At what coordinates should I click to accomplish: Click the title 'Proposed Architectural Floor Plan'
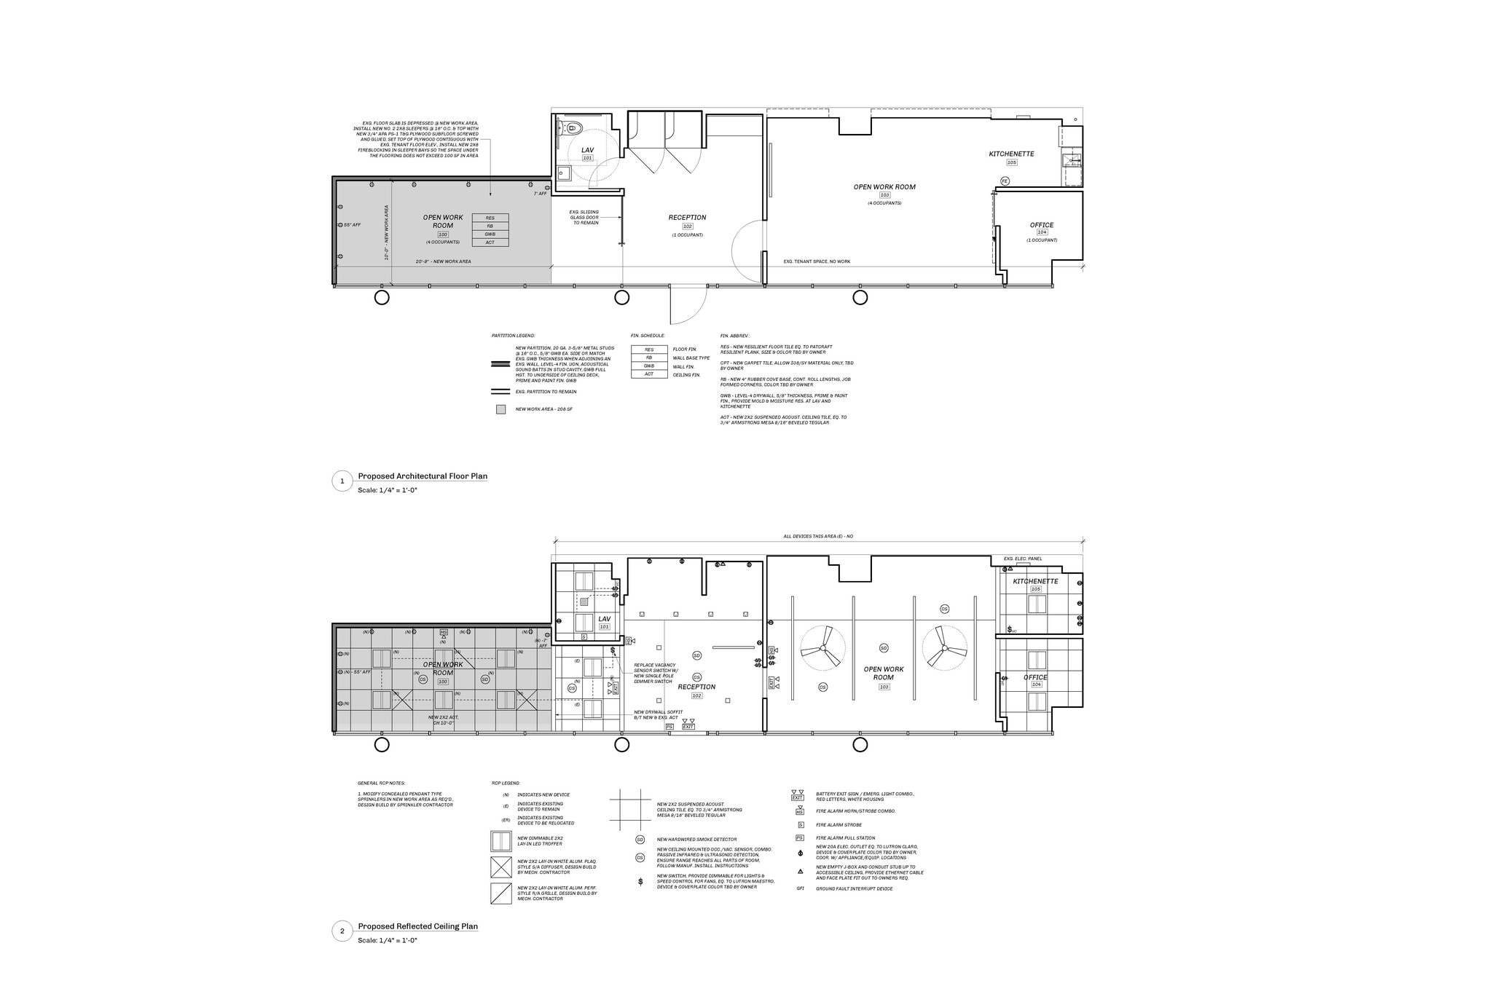[423, 476]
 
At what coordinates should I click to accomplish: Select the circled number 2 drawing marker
[342, 931]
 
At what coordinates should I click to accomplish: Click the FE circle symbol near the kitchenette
[1005, 181]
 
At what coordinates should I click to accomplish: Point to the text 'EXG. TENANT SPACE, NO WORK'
[817, 261]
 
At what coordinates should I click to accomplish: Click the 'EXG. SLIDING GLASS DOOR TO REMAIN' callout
[584, 217]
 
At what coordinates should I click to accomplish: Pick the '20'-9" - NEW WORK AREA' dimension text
[443, 261]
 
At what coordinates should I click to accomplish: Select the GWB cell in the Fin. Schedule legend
[648, 366]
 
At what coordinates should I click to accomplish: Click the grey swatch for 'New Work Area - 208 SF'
[500, 409]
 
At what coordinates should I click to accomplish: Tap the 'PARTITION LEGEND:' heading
[513, 336]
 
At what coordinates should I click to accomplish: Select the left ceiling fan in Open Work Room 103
[823, 647]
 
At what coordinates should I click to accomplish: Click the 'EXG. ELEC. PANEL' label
[1022, 559]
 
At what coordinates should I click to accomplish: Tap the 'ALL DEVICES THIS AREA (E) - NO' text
[817, 536]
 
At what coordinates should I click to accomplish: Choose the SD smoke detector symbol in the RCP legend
[640, 840]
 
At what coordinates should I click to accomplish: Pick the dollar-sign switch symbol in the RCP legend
[640, 882]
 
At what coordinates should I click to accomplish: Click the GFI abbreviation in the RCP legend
[800, 888]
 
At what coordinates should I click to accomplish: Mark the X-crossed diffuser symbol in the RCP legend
[501, 867]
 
